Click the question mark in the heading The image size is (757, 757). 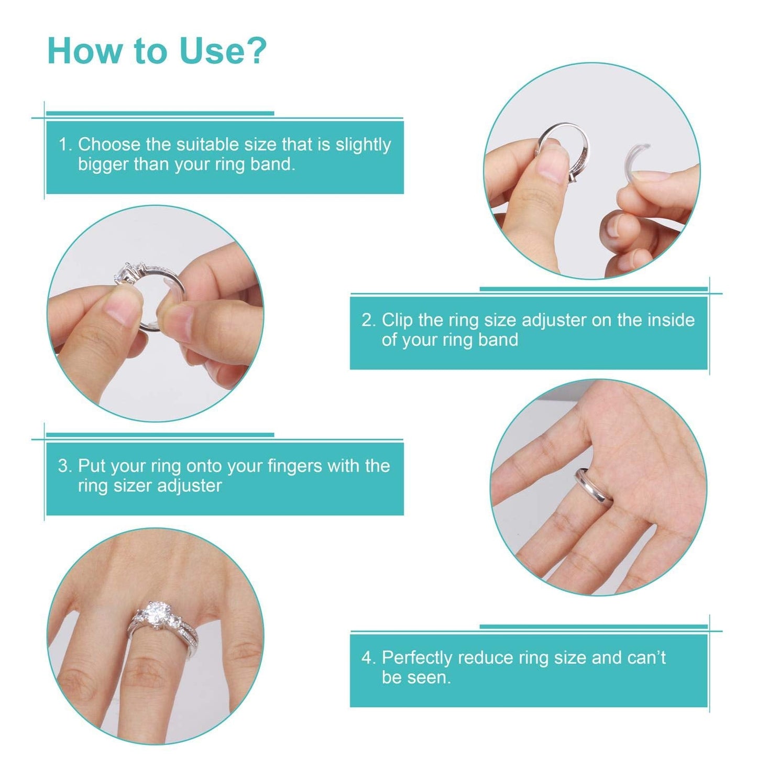point(256,51)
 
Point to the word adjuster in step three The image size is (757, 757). point(190,486)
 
